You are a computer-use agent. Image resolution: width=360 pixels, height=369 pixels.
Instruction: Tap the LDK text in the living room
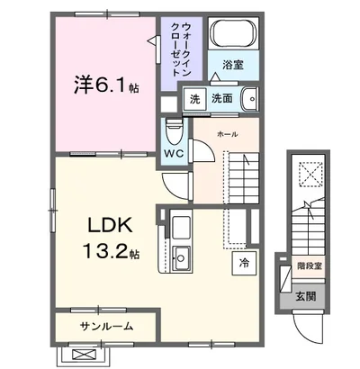[110, 225]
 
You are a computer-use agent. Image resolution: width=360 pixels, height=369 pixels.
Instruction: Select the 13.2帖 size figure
[111, 251]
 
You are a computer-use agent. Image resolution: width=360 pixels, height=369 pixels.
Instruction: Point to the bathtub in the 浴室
[234, 33]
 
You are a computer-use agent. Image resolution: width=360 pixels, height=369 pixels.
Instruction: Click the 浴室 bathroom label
[233, 65]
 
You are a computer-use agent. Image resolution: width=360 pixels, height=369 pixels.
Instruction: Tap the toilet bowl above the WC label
[174, 130]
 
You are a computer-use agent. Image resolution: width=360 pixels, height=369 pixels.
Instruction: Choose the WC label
[174, 154]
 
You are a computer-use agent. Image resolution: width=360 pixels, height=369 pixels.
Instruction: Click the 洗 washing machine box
[194, 99]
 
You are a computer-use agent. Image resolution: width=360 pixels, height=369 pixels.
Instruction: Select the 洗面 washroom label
[222, 98]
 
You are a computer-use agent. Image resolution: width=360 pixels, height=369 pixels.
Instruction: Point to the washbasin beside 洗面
[249, 99]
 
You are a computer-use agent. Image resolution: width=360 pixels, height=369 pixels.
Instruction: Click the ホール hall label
[227, 135]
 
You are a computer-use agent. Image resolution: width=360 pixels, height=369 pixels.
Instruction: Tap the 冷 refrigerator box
[244, 264]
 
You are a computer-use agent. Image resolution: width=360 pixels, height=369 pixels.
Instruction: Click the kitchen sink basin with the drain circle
[181, 258]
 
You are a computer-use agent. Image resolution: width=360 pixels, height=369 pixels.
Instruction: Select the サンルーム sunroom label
[106, 326]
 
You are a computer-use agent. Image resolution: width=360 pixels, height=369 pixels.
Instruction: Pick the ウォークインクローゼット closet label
[181, 49]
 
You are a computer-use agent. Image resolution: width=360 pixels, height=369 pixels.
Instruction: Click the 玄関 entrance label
[306, 297]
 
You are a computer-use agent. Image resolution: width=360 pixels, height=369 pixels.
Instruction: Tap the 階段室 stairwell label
[310, 266]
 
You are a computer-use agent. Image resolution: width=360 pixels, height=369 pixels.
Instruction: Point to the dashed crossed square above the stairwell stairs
[311, 174]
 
